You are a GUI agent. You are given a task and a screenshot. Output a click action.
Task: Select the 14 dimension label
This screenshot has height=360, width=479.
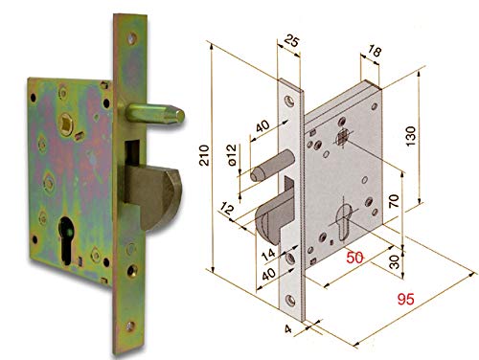(x=267, y=254)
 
